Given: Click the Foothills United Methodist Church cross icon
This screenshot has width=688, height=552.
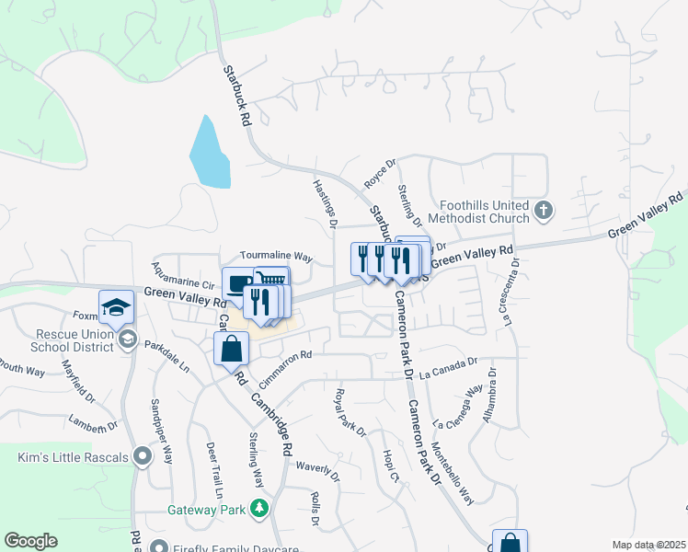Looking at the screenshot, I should (543, 211).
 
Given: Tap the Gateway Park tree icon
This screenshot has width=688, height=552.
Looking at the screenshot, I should (260, 509).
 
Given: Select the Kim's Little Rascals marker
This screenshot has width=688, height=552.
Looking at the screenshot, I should (142, 456).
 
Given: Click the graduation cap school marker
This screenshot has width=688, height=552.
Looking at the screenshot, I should (117, 308).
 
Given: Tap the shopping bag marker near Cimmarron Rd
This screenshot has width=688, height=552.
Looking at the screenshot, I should (231, 349).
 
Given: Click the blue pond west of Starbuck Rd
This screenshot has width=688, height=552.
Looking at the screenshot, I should (209, 153).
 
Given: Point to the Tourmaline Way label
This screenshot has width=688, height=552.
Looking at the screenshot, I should (277, 257).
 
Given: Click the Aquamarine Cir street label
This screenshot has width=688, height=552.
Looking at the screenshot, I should (183, 274).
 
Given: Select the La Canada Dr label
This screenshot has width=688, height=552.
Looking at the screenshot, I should (448, 370).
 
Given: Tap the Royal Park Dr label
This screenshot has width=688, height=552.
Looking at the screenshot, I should (350, 410).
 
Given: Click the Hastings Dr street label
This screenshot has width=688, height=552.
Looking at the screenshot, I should (326, 203).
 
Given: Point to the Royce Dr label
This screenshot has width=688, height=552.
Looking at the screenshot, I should (379, 173).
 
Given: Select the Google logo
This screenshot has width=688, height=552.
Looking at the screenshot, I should (31, 541).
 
